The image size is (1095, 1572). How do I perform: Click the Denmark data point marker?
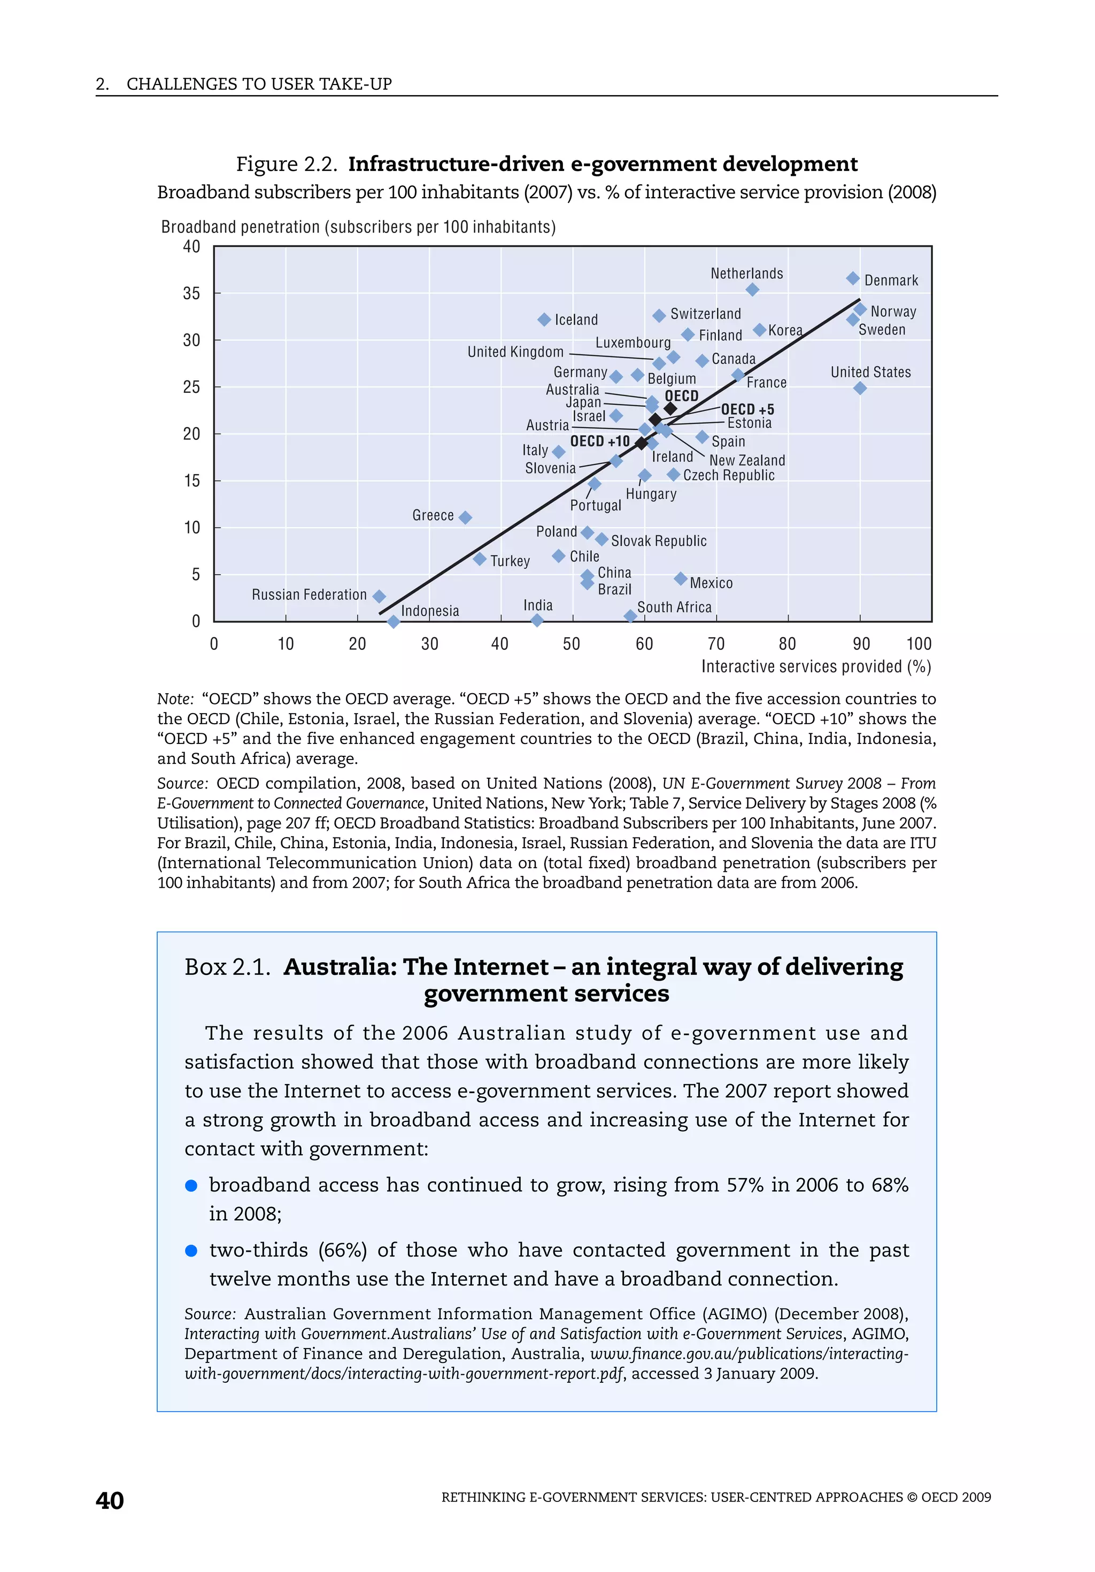tap(853, 278)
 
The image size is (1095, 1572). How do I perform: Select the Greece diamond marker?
tap(465, 517)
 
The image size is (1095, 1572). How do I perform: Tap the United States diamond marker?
tap(860, 388)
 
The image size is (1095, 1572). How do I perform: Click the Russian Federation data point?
tap(379, 597)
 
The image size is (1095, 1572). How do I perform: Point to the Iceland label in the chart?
tap(576, 320)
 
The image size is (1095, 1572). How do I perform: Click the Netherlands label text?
tap(746, 273)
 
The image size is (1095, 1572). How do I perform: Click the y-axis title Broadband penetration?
tap(358, 227)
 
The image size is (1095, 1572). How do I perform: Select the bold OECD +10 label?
tap(600, 441)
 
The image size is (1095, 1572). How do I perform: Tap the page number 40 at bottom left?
tap(110, 1500)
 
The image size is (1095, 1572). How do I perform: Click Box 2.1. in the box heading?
tap(227, 967)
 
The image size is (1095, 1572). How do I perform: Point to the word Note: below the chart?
tap(175, 699)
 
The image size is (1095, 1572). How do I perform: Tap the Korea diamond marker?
tap(759, 330)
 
